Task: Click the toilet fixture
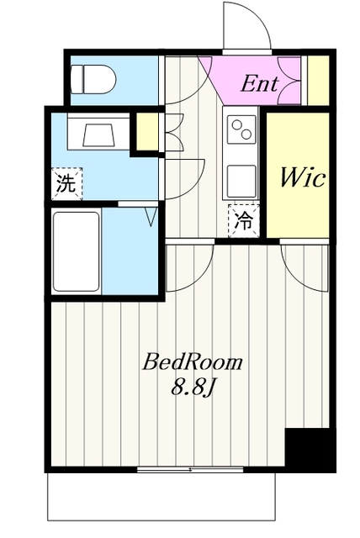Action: pyautogui.click(x=93, y=79)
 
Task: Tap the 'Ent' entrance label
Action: pyautogui.click(x=259, y=84)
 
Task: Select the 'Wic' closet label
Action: pyautogui.click(x=302, y=177)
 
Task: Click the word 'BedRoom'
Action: pyautogui.click(x=192, y=362)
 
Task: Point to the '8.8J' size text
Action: pyautogui.click(x=193, y=388)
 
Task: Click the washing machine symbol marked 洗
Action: pyautogui.click(x=67, y=183)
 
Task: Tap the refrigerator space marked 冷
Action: pyautogui.click(x=244, y=221)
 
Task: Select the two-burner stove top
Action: pyautogui.click(x=241, y=129)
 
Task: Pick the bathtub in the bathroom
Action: pyautogui.click(x=77, y=251)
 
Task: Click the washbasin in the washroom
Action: pyautogui.click(x=98, y=133)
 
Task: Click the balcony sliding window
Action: pyautogui.click(x=190, y=469)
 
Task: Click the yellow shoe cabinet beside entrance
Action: pyautogui.click(x=318, y=81)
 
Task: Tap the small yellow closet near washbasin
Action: pyautogui.click(x=147, y=131)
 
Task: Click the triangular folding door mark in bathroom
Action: pyautogui.click(x=151, y=217)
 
